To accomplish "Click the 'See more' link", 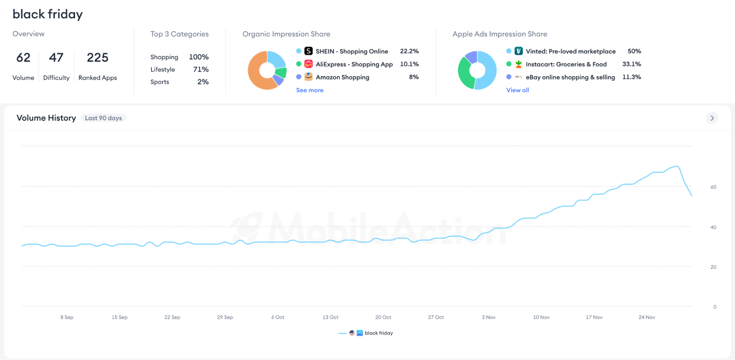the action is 310,90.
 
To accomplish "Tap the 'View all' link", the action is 517,90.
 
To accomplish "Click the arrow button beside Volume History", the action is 712,118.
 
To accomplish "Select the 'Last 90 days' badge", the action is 103,118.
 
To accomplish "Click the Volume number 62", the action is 24,57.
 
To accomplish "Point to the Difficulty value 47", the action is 56,57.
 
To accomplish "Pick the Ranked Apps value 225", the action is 97,57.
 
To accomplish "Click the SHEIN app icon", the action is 308,51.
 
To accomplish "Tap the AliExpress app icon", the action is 308,64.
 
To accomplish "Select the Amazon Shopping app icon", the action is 308,77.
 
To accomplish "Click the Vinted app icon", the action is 518,51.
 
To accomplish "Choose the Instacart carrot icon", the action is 518,64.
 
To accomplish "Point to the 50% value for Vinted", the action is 634,51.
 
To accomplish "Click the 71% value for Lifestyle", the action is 201,69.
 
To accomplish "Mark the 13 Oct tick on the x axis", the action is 331,317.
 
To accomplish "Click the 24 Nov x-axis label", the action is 647,317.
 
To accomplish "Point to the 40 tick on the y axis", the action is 713,227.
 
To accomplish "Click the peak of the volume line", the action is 677,166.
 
